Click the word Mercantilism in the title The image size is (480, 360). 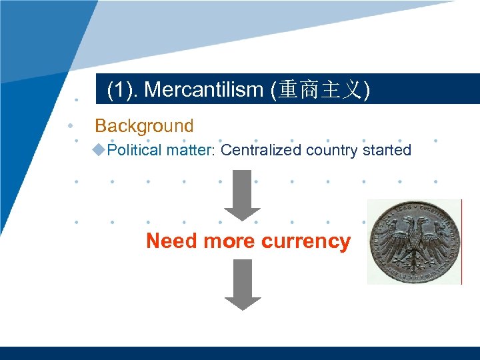pos(203,90)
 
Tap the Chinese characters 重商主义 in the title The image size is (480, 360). pos(319,90)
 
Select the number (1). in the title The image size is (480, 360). pos(123,90)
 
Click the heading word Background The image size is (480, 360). pos(144,126)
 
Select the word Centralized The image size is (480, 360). pos(261,150)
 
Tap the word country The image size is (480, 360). pos(331,150)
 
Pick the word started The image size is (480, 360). pos(387,150)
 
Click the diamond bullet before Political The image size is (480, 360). pos(100,149)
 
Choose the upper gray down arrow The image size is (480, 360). pos(242,195)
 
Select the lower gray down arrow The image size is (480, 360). pos(242,284)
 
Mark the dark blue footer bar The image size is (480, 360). pos(240,353)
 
